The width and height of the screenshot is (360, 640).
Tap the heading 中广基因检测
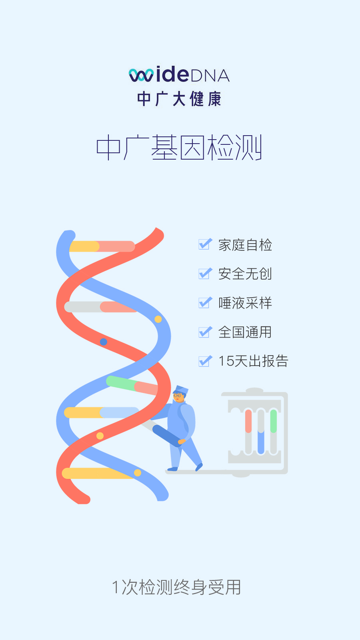[179, 148]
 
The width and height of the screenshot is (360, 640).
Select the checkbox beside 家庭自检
[205, 244]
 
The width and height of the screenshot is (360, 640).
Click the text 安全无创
[245, 274]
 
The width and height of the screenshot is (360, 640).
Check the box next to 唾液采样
[205, 302]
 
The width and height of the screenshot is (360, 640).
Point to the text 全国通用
[245, 332]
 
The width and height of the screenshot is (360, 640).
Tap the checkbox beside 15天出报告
[205, 361]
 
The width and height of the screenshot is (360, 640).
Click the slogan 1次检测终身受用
[176, 587]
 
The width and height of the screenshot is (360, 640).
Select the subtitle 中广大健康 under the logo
[179, 99]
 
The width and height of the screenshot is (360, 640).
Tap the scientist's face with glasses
[178, 397]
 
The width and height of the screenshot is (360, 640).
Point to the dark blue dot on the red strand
[104, 342]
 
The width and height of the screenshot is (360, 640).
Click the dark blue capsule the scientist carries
[167, 435]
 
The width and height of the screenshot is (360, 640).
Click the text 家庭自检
[245, 245]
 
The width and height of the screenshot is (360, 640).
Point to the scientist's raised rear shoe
[199, 467]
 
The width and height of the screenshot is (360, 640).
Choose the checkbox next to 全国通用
[205, 332]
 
